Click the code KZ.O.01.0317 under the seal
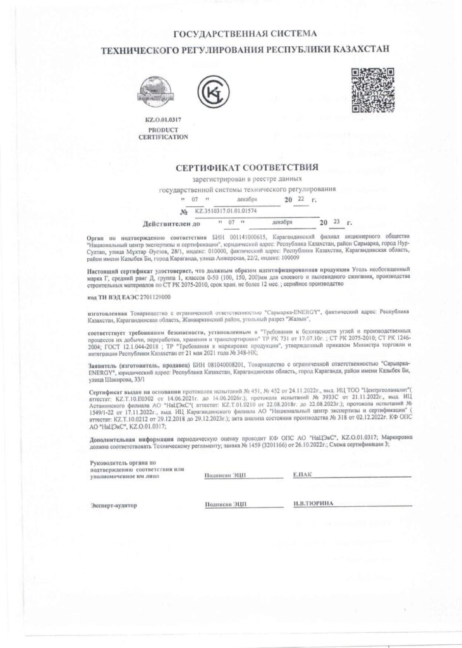162,120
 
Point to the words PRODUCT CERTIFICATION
163,133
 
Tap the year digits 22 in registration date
301,199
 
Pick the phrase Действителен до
172,223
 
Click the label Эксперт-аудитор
114,506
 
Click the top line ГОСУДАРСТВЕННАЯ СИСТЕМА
246,34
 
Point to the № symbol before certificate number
185,212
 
